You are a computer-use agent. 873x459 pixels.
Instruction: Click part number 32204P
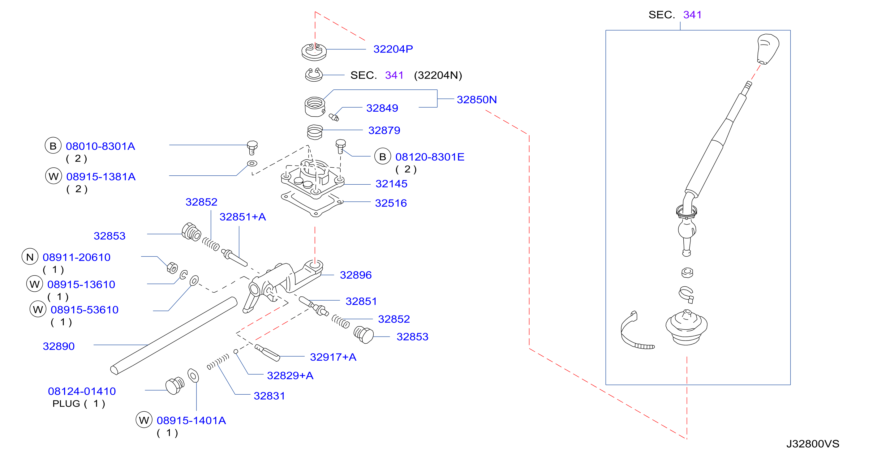coord(393,49)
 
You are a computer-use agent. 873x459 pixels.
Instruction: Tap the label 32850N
coord(476,100)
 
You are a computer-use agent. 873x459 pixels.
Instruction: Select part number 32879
coord(384,131)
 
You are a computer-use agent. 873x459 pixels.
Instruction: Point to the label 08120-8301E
coord(430,157)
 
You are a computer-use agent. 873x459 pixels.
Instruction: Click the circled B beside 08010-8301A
coord(53,146)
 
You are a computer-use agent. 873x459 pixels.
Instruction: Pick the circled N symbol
coord(30,257)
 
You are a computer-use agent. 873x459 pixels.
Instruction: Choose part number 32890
coord(59,346)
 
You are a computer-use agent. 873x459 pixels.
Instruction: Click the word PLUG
coord(66,403)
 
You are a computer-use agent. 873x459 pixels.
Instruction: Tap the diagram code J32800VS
coord(813,444)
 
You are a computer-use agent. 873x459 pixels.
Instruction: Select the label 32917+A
coord(333,357)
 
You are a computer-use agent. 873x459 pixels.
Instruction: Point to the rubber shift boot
coord(686,327)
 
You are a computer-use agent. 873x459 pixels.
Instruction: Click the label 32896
coord(355,275)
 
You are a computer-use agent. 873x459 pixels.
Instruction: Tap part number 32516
coord(391,203)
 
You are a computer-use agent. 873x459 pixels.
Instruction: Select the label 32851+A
coord(243,217)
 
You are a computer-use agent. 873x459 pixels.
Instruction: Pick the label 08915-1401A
coord(191,420)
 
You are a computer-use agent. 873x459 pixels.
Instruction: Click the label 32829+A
coord(290,376)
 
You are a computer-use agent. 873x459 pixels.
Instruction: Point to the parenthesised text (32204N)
coord(438,75)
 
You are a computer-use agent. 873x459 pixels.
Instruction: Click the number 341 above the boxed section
coord(692,15)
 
